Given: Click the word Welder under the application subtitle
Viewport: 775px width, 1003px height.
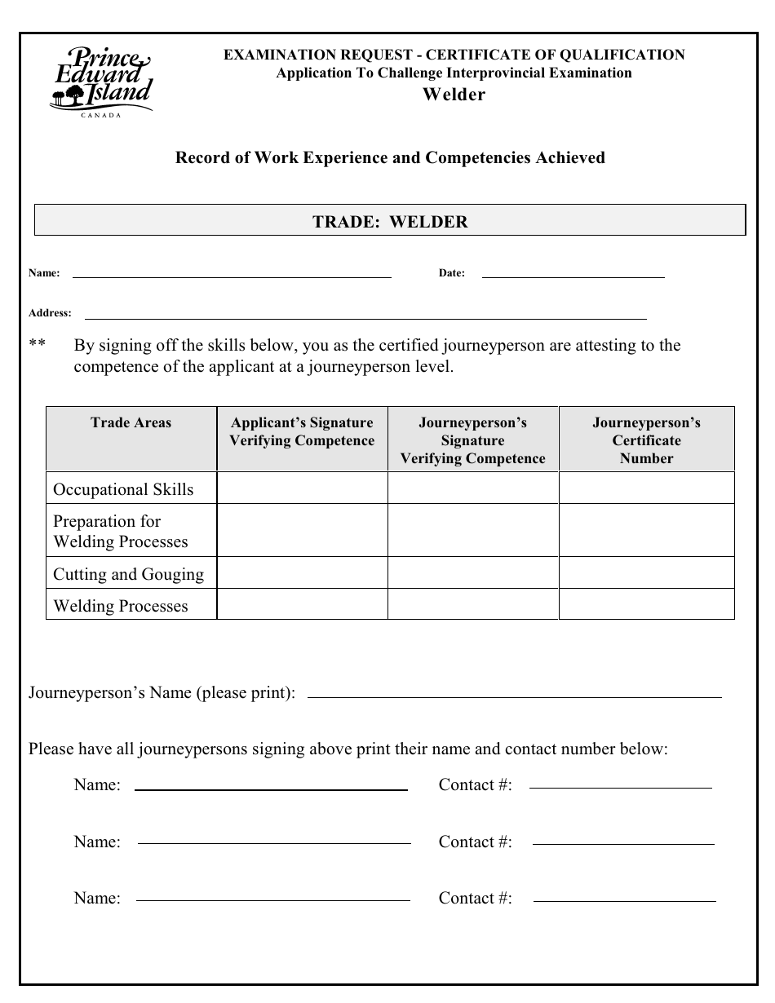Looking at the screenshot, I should click(x=454, y=95).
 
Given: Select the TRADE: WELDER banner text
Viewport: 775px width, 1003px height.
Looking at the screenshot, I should click(x=390, y=222).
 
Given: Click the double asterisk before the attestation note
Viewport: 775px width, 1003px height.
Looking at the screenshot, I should click(x=38, y=346).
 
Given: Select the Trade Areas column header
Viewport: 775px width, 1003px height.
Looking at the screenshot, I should click(x=131, y=422).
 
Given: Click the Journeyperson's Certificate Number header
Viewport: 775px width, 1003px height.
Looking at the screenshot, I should click(x=646, y=440).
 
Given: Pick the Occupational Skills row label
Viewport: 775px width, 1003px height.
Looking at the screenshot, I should click(x=123, y=489).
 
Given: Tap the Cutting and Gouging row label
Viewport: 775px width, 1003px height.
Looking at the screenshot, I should click(x=128, y=574).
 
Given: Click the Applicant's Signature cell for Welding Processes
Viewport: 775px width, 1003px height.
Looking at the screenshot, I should click(x=302, y=605).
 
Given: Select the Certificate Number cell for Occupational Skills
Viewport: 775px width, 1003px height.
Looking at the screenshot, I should click(x=646, y=488).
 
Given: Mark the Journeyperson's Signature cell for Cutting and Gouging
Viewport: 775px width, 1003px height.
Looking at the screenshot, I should click(x=472, y=573).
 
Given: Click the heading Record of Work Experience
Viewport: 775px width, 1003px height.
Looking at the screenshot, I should click(x=390, y=157).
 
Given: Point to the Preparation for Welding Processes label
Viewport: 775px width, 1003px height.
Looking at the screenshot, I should click(x=120, y=532).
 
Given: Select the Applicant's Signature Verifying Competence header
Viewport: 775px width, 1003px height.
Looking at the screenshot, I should click(x=302, y=432).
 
